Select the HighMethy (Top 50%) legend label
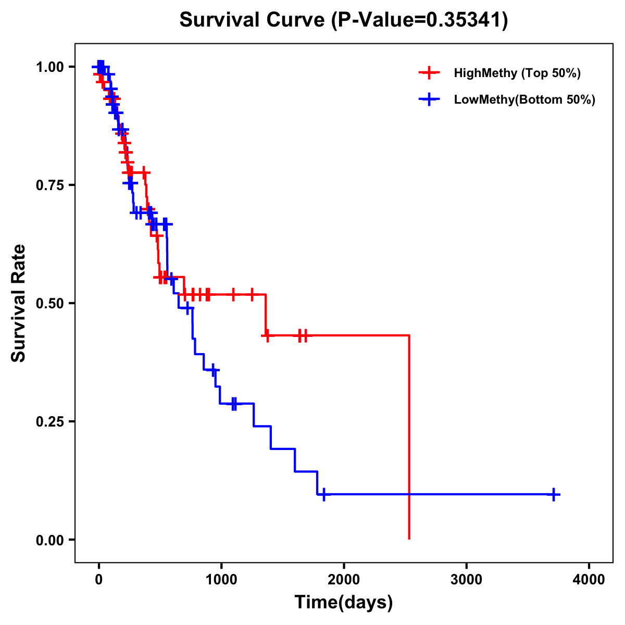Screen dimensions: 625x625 coord(517,73)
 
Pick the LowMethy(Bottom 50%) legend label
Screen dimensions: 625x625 coord(524,100)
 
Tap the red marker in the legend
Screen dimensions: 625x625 coord(429,73)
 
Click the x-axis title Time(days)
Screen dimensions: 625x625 coord(344,603)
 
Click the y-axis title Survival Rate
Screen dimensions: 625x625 coord(19,303)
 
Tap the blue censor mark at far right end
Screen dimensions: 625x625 coord(554,494)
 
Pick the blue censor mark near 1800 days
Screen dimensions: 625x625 coord(324,494)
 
